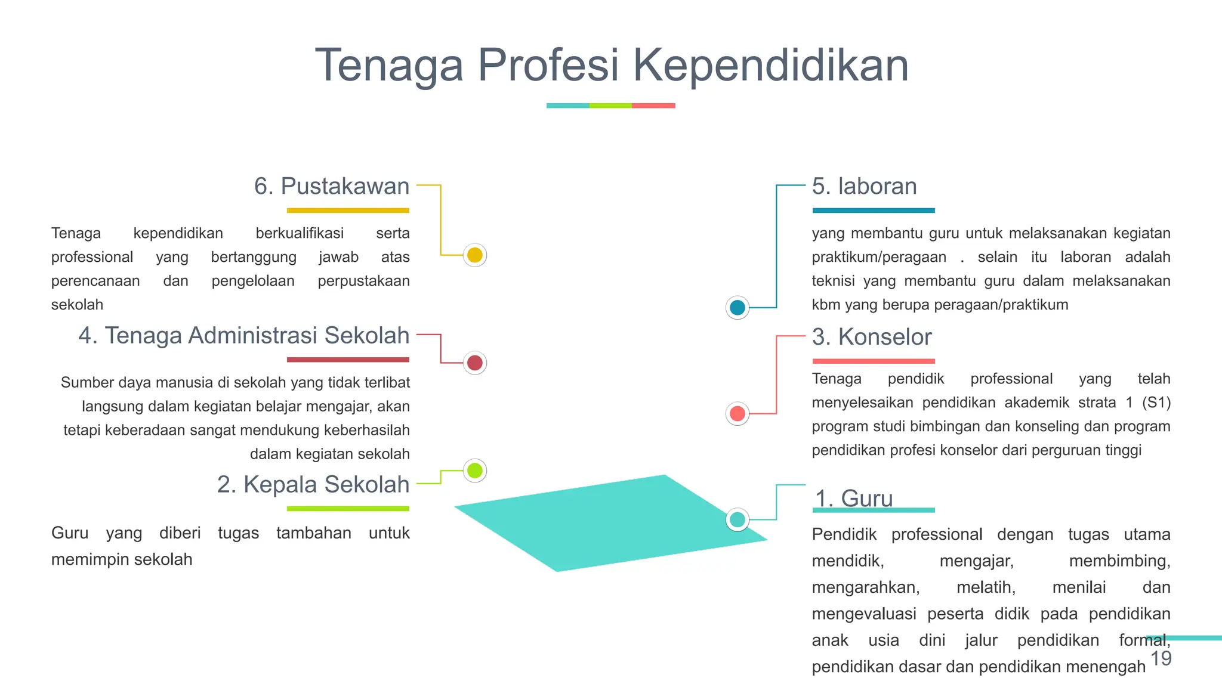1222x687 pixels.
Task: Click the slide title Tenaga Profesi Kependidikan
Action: pyautogui.click(x=611, y=66)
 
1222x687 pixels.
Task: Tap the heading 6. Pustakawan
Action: pyautogui.click(x=332, y=187)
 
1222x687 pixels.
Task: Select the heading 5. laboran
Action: pyautogui.click(x=864, y=187)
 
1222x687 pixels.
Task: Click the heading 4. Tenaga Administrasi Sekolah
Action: pyautogui.click(x=244, y=336)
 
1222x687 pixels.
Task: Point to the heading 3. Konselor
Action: pyautogui.click(x=871, y=337)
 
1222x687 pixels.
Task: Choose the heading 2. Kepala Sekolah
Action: pyautogui.click(x=313, y=485)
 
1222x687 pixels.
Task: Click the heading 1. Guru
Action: pyautogui.click(x=853, y=498)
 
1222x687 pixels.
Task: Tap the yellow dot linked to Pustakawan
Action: pyautogui.click(x=475, y=255)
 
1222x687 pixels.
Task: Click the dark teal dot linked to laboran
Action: pyautogui.click(x=737, y=307)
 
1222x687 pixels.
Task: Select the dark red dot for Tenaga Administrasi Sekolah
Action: pyautogui.click(x=475, y=363)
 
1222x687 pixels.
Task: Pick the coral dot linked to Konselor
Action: pyautogui.click(x=737, y=413)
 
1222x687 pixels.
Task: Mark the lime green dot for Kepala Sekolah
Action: pyautogui.click(x=475, y=471)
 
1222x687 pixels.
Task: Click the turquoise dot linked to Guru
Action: pyautogui.click(x=737, y=519)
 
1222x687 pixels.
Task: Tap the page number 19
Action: pyautogui.click(x=1161, y=659)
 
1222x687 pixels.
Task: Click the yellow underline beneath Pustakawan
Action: pyautogui.click(x=348, y=211)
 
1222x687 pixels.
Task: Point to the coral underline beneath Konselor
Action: pyautogui.click(x=874, y=361)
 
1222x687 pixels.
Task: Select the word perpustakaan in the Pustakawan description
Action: pyautogui.click(x=363, y=281)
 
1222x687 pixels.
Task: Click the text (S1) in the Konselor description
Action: pyautogui.click(x=1156, y=403)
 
